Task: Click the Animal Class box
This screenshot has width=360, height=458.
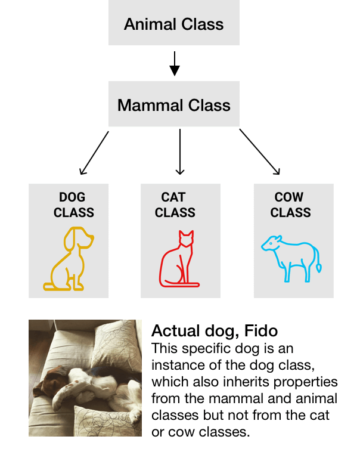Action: [x=173, y=23]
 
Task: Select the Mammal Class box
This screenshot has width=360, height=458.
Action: [x=173, y=104]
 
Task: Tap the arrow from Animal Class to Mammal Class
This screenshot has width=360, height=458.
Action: [x=175, y=64]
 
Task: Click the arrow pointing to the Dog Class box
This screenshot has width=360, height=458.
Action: [x=94, y=153]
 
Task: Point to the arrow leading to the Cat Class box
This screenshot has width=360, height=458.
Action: [x=180, y=152]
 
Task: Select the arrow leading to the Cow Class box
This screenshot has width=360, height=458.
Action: [x=259, y=152]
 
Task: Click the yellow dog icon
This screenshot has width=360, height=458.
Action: [x=69, y=259]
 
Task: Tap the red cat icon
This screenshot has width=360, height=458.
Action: [x=179, y=259]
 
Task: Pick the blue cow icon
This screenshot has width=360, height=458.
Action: [x=291, y=259]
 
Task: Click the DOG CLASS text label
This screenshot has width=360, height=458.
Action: [x=73, y=205]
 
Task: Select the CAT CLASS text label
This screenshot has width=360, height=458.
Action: [x=175, y=205]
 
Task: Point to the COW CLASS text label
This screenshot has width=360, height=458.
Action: [x=290, y=205]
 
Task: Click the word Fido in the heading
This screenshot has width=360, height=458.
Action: [x=261, y=331]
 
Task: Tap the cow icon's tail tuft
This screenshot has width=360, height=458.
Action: [x=319, y=268]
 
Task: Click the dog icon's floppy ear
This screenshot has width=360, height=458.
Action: [x=70, y=240]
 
